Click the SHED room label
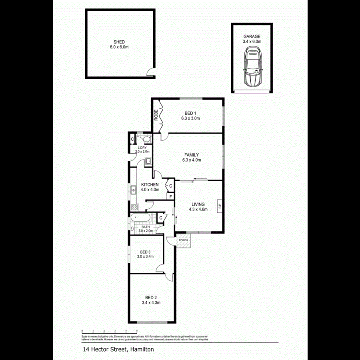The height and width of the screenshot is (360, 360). tap(119, 42)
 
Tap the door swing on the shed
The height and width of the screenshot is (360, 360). tap(150, 72)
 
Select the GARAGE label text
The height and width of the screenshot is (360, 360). tap(252, 36)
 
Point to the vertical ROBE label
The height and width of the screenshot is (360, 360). tap(156, 115)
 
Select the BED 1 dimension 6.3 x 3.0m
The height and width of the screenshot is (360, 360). tap(190, 118)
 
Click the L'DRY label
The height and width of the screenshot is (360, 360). tap(142, 148)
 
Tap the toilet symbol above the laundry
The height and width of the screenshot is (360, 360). tap(146, 139)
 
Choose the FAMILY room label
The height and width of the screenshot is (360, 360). tap(191, 155)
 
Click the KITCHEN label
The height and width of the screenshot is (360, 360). tap(150, 184)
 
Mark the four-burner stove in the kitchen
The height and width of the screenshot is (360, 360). tap(134, 207)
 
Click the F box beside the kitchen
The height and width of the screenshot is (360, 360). tap(170, 197)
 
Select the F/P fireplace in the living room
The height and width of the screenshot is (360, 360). tap(219, 206)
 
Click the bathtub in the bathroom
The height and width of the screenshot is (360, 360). tap(140, 219)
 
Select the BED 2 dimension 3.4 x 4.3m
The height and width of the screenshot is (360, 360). tap(151, 303)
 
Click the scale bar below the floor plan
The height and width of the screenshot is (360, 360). tap(109, 331)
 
